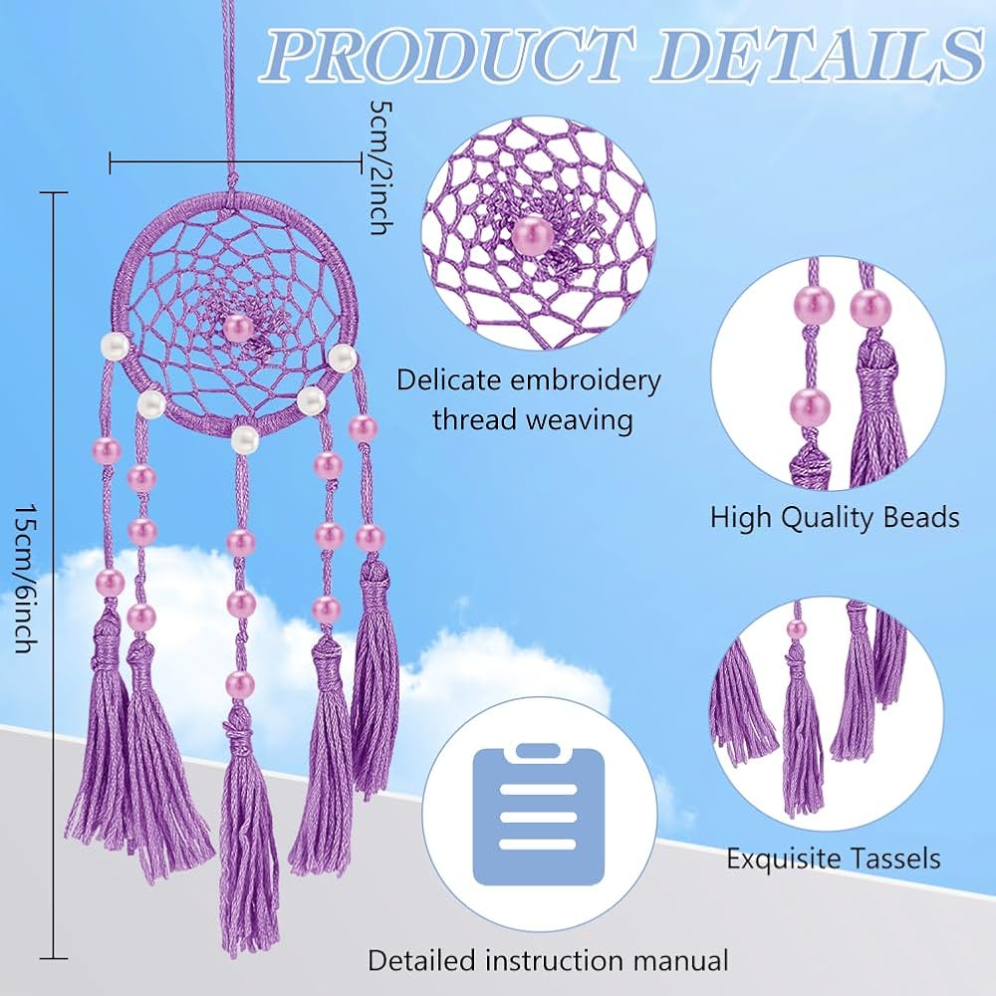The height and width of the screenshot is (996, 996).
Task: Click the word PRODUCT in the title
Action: (450, 55)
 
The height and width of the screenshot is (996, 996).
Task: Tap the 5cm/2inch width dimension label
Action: (381, 167)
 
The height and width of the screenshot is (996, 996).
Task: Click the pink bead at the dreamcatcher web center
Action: (239, 329)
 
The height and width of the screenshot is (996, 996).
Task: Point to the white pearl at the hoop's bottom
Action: (245, 439)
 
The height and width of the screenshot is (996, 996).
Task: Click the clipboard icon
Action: (539, 815)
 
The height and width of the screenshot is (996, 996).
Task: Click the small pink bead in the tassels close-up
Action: (796, 628)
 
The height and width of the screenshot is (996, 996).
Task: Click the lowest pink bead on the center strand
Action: (241, 683)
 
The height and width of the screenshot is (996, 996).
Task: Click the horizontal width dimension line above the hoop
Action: (236, 161)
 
